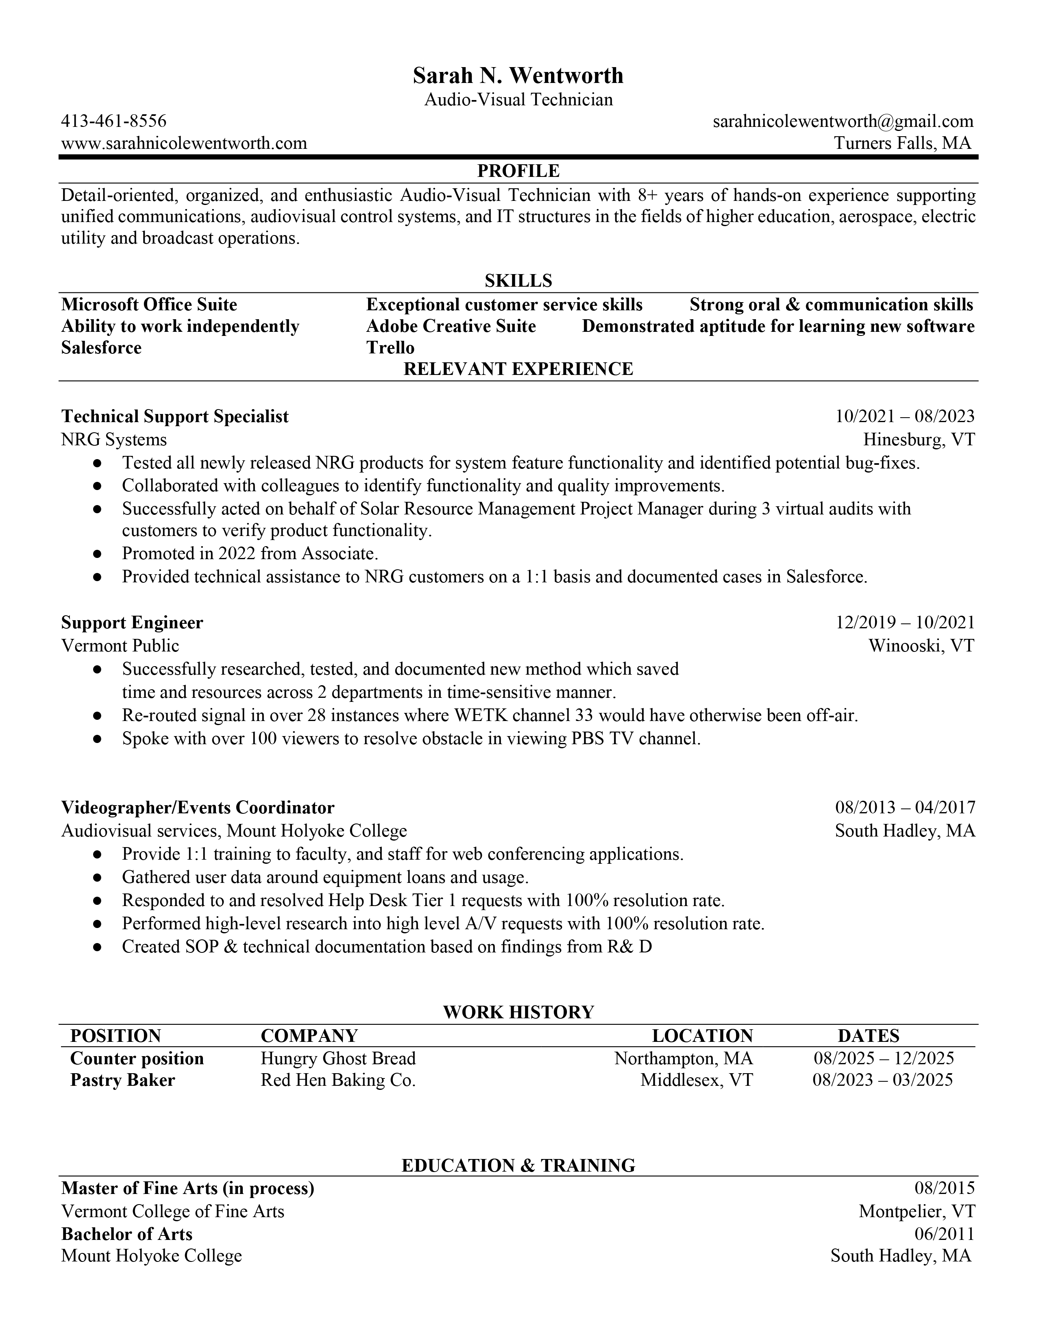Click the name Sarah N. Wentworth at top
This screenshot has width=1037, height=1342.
coord(518,76)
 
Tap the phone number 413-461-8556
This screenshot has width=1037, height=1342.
coord(113,121)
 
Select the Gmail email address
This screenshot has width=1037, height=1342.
coord(843,121)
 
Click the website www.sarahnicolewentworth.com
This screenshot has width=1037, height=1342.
coord(184,143)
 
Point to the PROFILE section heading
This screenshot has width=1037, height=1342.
coord(518,170)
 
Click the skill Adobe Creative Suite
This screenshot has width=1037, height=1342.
coord(451,326)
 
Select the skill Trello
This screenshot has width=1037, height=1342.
coord(390,348)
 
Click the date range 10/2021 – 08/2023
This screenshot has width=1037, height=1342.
coord(904,416)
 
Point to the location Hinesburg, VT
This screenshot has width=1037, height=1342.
coord(918,439)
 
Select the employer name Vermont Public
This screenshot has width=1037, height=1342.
coord(120,646)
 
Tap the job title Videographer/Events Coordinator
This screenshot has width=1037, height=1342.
coord(197,807)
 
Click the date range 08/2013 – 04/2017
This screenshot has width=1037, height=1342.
coord(904,807)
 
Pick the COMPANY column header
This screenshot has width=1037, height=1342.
coord(309,1036)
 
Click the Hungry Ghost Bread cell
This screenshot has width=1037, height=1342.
coord(338,1059)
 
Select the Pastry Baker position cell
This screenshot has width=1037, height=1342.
coord(122,1080)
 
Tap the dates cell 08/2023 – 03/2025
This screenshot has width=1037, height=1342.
coord(882,1080)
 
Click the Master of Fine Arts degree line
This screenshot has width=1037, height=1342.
coord(187,1188)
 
